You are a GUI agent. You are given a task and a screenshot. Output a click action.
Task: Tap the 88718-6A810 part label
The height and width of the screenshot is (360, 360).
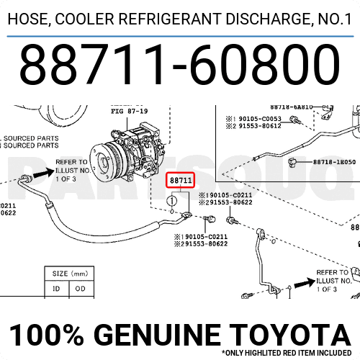(x=291, y=107)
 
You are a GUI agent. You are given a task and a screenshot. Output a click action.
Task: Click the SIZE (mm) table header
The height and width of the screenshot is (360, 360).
(x=69, y=274)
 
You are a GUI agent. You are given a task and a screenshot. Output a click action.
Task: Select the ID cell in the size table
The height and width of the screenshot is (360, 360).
(x=57, y=289)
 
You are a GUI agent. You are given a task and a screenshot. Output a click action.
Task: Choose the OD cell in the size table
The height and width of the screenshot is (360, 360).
(x=81, y=289)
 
